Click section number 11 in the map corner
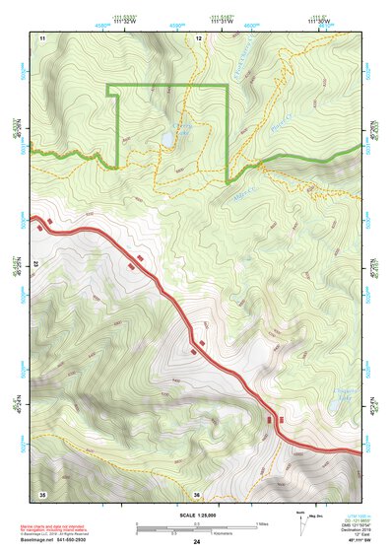(x=42, y=36)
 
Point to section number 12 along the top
(x=198, y=36)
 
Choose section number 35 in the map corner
(x=42, y=494)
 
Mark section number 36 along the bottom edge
(x=197, y=494)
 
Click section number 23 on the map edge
(x=35, y=265)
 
